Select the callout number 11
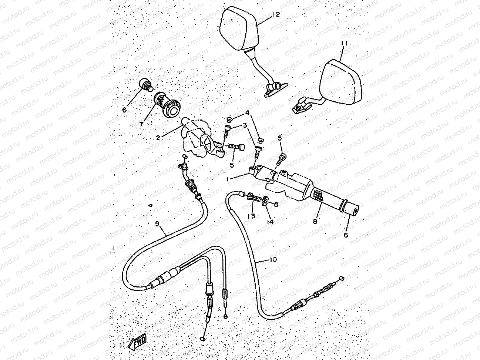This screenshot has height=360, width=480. pos(344,44)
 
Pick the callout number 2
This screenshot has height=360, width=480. pos(158,138)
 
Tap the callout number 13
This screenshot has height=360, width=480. pos(252,216)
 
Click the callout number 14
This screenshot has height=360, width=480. pos(270,222)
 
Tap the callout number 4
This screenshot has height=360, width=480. pos(247,112)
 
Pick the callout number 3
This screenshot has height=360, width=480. pos(244,126)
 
